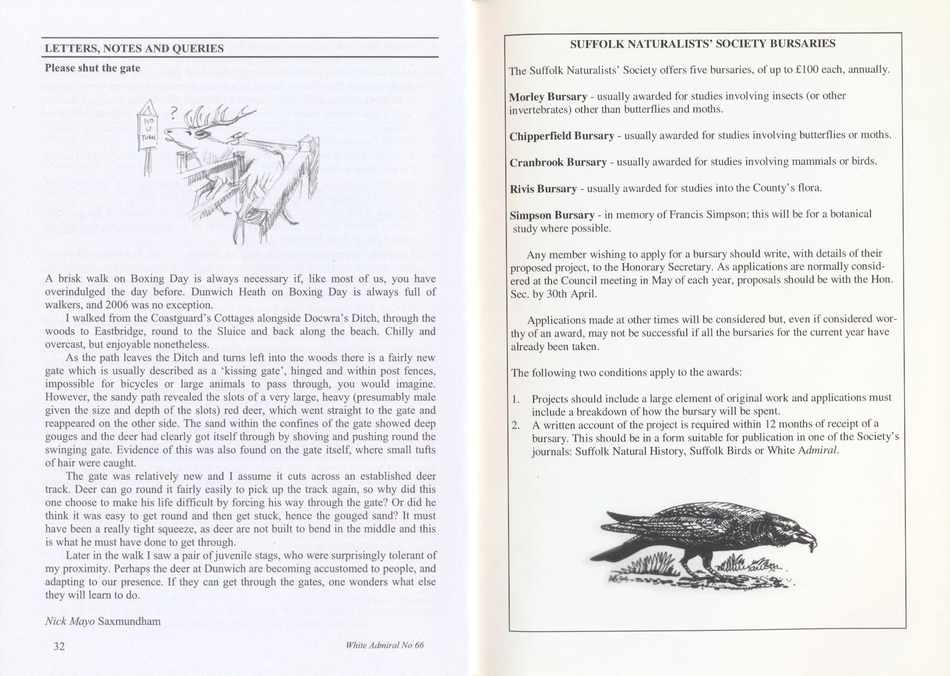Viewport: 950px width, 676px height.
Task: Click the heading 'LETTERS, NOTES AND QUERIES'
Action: [x=134, y=49]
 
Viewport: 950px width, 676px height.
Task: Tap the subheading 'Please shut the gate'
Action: [x=92, y=68]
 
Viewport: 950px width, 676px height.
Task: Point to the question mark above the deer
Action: [x=173, y=113]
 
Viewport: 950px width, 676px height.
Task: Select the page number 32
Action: [x=59, y=646]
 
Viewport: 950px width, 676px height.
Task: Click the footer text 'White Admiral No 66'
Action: [x=385, y=645]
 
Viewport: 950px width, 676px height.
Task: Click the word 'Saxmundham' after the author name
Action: [x=130, y=621]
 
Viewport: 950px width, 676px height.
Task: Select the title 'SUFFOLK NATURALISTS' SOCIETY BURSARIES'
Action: [x=703, y=44]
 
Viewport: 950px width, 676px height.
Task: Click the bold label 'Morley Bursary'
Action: [x=548, y=97]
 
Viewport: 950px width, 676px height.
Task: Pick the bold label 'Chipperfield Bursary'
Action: [x=561, y=136]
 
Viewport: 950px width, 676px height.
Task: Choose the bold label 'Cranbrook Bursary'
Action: [x=558, y=162]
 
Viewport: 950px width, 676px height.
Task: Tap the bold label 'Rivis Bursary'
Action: [x=542, y=189]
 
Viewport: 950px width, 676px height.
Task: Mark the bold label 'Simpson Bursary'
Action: [x=548, y=215]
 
